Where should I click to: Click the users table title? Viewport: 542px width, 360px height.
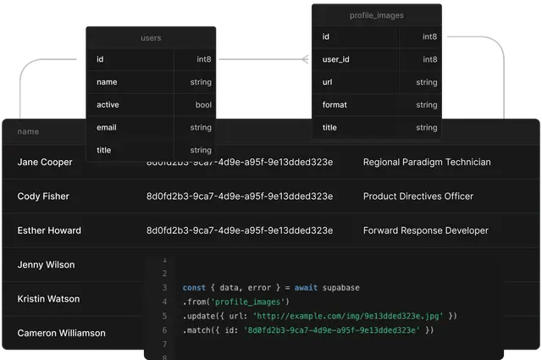[151, 38]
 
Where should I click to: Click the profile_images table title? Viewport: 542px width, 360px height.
[376, 15]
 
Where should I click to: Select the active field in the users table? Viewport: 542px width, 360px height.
[108, 105]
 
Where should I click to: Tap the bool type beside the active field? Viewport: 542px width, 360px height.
[203, 105]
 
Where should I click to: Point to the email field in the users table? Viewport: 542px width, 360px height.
[107, 128]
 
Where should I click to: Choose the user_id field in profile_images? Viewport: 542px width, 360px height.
[336, 60]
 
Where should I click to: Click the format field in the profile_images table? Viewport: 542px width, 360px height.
[335, 105]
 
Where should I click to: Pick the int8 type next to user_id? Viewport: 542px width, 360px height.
[429, 60]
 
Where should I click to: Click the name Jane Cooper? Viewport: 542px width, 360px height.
[45, 162]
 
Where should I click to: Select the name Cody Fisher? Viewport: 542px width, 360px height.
[43, 197]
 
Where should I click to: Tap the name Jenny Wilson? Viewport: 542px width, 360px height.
[46, 265]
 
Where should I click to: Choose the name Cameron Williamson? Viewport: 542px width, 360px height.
[61, 334]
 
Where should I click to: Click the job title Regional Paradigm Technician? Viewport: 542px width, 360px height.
[426, 162]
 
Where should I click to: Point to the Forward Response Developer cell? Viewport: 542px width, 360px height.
[425, 230]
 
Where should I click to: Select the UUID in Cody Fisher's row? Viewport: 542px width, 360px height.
[240, 197]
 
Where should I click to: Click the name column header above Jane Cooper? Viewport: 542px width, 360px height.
[28, 132]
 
